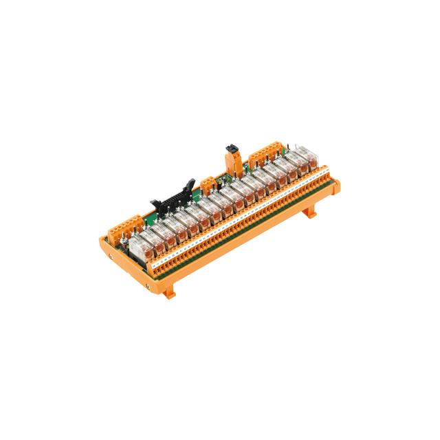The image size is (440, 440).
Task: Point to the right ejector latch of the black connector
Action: (187, 184)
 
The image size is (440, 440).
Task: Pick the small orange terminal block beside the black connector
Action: (209, 184)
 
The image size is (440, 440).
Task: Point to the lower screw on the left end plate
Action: (146, 281)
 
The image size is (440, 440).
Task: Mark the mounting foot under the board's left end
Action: (169, 291)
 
